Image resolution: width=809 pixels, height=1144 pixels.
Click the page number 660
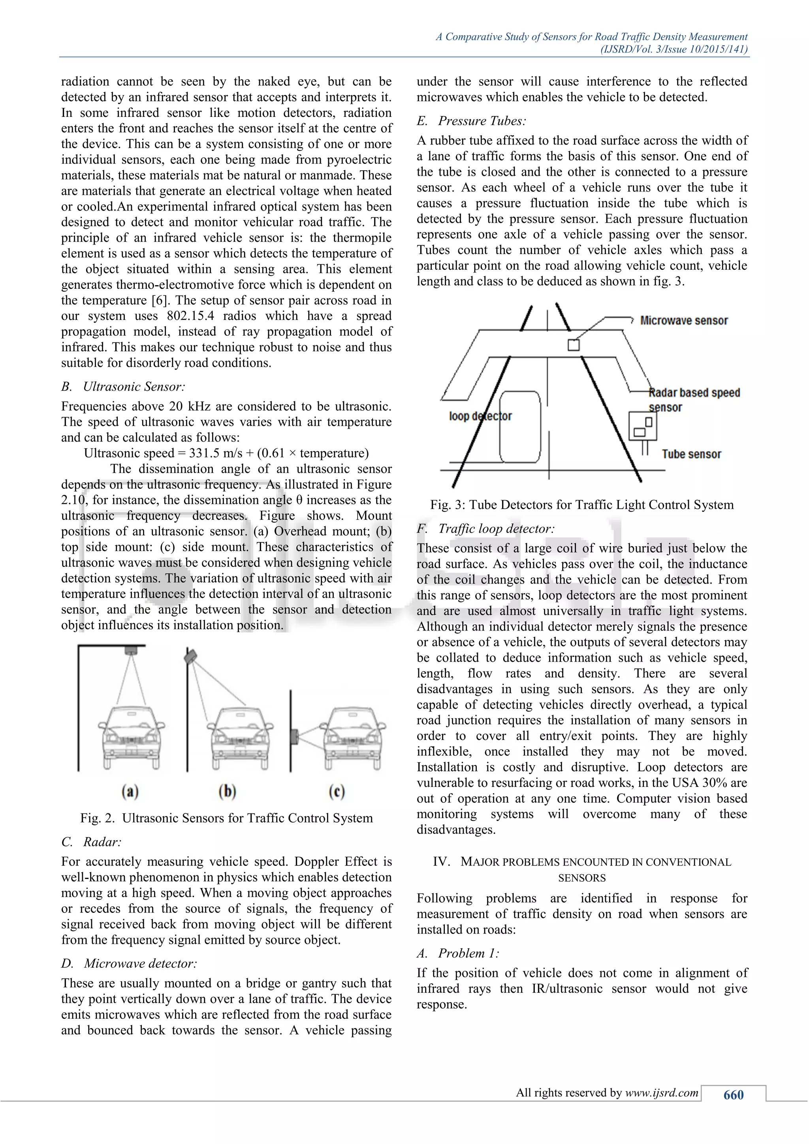pos(733,1095)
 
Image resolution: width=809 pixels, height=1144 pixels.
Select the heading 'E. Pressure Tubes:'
pos(471,121)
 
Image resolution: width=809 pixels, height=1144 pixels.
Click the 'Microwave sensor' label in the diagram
pos(683,320)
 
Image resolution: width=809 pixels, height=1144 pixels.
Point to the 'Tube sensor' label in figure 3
pos(691,454)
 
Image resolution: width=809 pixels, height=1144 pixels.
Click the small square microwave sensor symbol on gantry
pos(574,345)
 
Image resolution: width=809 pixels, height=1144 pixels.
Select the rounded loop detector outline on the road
pos(520,427)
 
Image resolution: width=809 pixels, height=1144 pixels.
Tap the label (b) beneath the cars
pos(227,791)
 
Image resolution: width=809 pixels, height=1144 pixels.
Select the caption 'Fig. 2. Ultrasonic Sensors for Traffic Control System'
pos(226,818)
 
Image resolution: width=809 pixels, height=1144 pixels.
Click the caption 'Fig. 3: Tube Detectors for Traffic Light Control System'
pos(581,505)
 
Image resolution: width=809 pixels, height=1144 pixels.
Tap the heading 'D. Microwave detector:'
pos(129,963)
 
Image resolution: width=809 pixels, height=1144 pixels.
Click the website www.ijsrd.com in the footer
pos(662,1093)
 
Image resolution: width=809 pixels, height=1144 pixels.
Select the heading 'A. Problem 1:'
pos(458,953)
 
